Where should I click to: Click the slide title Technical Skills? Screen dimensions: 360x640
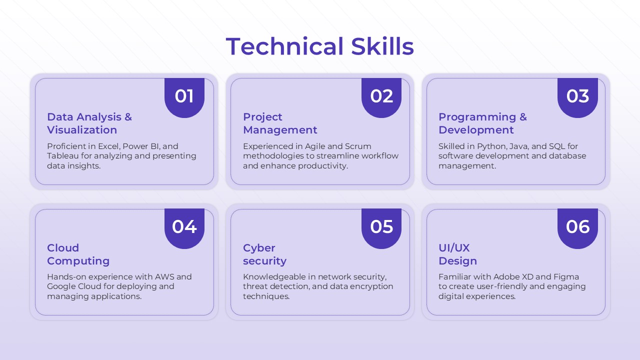point(319,46)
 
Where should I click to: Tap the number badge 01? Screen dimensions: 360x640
point(184,96)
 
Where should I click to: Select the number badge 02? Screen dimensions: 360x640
point(381,96)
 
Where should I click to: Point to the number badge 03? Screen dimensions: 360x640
point(577,96)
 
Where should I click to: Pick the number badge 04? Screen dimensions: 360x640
point(184,227)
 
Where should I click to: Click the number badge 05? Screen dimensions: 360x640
point(381,227)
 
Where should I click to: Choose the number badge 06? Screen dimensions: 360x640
point(577,227)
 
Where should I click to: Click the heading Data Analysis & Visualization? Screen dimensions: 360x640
point(89,123)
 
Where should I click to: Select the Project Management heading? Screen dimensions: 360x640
point(280,123)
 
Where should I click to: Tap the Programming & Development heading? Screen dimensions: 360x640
point(482,123)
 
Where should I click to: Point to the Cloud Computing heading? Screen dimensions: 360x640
point(78,254)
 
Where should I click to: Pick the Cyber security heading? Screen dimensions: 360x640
point(264,254)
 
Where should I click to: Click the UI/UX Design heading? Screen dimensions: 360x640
point(457,254)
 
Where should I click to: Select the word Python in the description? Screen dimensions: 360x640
point(491,146)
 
